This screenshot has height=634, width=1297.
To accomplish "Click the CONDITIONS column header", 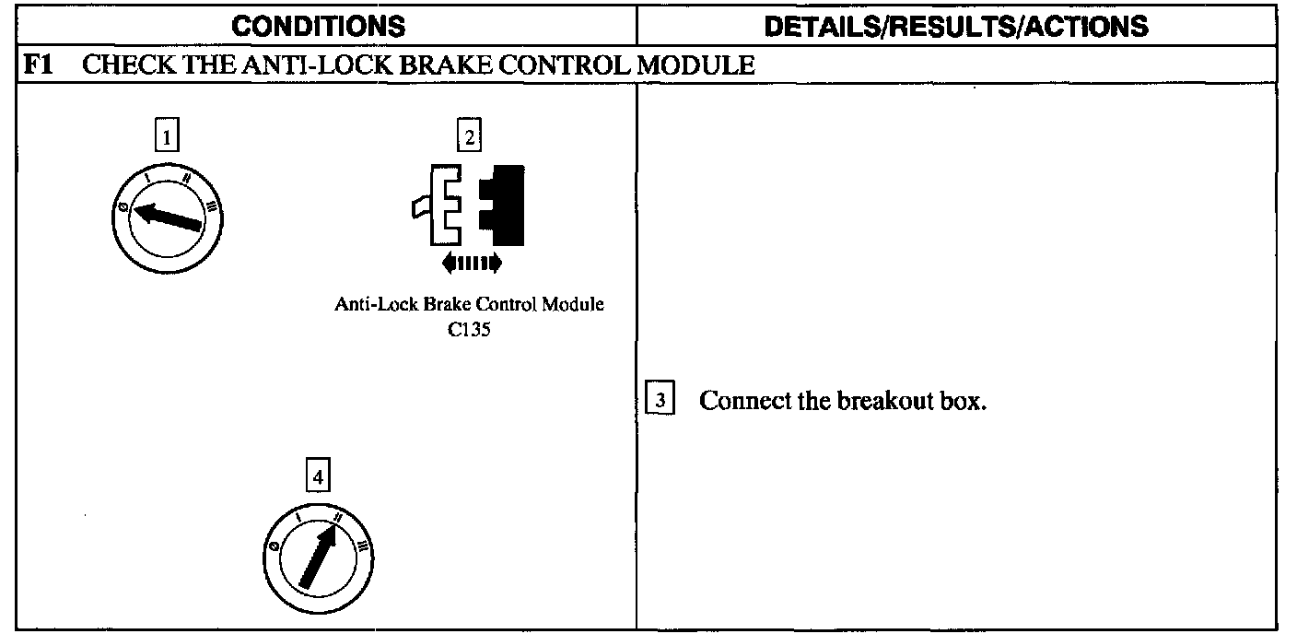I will (318, 26).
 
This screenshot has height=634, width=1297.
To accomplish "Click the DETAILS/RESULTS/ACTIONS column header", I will (957, 26).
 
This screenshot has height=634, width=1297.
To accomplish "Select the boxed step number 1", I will (166, 138).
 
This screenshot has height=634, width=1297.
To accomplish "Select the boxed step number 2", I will (470, 138).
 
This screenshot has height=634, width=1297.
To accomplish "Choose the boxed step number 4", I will (318, 477).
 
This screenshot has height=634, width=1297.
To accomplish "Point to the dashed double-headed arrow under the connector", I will (472, 264).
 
